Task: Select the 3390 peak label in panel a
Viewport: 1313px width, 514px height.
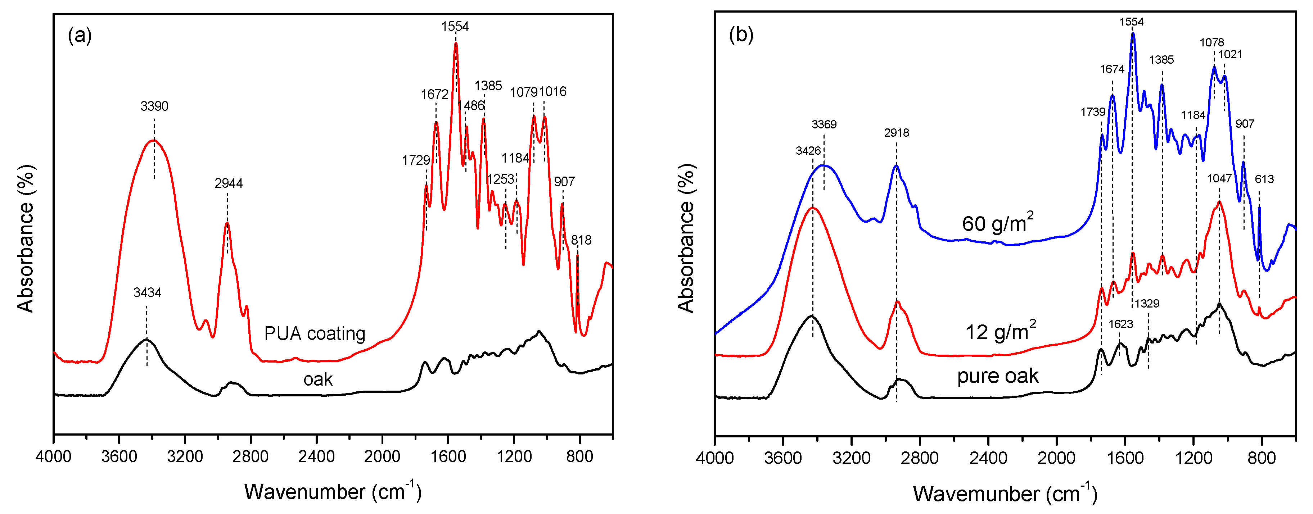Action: point(154,106)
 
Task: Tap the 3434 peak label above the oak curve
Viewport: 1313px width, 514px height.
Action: point(147,292)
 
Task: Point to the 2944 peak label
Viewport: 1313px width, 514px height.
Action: point(228,183)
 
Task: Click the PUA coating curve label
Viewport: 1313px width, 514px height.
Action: point(315,334)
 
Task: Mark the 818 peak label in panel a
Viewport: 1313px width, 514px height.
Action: point(581,240)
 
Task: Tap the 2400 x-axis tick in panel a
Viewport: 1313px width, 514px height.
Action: point(316,456)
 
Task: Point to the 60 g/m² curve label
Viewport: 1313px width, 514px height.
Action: point(997,223)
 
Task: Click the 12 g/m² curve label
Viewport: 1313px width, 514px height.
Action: point(1000,332)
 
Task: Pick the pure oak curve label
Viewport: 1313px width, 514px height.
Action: point(997,376)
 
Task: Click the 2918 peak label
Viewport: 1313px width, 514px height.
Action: point(896,133)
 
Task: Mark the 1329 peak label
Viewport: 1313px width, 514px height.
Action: point(1147,304)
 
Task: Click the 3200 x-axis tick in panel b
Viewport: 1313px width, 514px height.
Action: point(851,458)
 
